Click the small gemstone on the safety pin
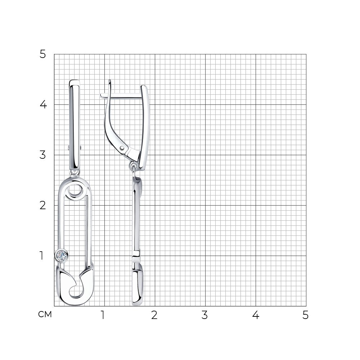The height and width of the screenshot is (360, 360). click(61, 255)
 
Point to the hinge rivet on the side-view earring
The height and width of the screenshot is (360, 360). click(122, 148)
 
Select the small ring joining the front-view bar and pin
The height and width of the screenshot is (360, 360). click(75, 172)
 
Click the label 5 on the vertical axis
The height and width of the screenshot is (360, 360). click(43, 54)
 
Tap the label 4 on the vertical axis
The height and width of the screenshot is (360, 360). click(43, 105)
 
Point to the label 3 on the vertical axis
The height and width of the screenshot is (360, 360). click(43, 155)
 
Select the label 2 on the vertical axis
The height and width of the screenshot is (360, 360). click(43, 205)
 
